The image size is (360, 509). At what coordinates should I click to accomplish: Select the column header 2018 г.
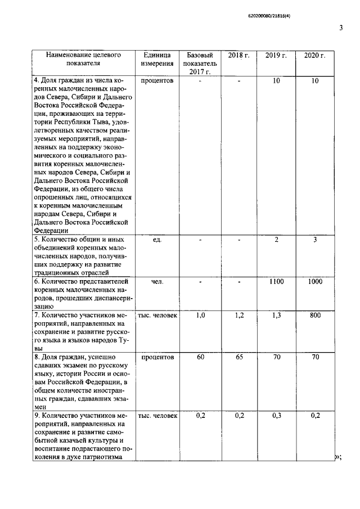pos(238,55)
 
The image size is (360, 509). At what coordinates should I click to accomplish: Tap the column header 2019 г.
pos(276,55)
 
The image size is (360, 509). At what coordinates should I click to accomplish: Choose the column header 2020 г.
pos(315,55)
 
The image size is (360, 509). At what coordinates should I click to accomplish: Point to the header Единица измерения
pos(157,60)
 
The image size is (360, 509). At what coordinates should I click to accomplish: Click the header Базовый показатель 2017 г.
pos(200,64)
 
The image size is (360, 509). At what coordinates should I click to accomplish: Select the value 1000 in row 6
pos(315,282)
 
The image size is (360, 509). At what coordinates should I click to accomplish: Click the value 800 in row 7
pos(315,316)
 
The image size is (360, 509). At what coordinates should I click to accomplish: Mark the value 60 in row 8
pos(200,357)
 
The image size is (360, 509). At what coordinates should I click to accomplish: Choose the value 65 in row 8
pos(238,357)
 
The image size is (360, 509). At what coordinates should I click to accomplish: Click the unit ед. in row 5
pos(157,240)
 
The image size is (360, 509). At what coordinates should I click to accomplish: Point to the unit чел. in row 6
pos(157,282)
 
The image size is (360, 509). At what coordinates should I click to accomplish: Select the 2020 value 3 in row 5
pos(315,240)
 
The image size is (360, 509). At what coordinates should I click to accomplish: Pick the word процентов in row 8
pos(157,357)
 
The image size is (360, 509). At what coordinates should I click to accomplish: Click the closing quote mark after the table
pos(339,458)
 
